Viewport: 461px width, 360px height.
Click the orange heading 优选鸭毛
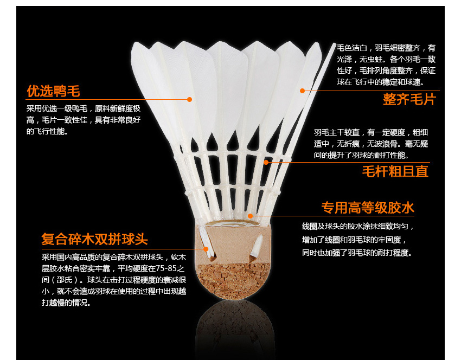point(53,91)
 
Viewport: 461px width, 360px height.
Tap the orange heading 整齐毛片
point(409,99)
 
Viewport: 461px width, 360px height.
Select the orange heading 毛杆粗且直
point(395,171)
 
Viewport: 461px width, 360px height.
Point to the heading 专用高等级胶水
point(368,208)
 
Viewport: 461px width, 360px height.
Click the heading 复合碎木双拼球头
point(94,239)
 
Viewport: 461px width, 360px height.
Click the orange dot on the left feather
point(190,99)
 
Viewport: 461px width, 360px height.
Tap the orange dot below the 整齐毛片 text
point(302,91)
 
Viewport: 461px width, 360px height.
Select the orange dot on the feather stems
point(266,162)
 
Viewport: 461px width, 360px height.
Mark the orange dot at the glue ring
point(250,215)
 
